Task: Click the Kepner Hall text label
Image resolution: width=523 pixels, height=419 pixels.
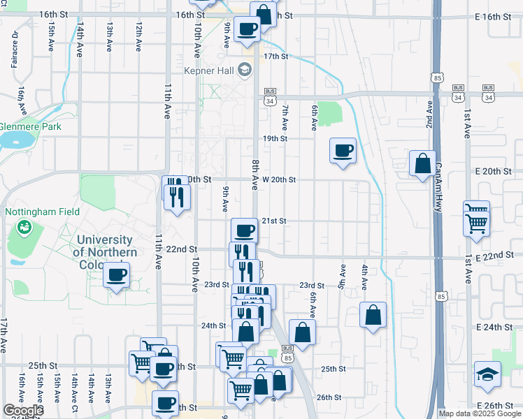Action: pos(209,70)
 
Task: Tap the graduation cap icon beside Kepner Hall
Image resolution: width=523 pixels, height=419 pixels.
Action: pos(244,70)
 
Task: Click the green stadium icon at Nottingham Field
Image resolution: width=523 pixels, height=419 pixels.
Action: pos(24,227)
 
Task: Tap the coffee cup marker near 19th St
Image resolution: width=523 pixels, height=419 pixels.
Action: pos(343,151)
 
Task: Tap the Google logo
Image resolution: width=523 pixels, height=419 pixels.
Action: pos(22,411)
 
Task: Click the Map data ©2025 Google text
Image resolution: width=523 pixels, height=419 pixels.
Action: pos(480,413)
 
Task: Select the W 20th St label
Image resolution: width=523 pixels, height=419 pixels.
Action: pos(275,179)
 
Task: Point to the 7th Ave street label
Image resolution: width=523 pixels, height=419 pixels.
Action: pos(285,116)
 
